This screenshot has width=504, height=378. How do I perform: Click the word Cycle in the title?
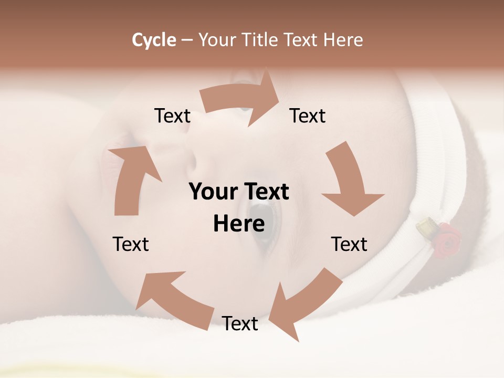(154, 40)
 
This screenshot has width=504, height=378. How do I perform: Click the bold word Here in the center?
(239, 224)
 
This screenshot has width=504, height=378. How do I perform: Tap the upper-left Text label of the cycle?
(172, 116)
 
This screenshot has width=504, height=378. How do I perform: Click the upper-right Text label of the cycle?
(308, 116)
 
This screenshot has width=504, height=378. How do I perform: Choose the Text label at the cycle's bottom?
(240, 324)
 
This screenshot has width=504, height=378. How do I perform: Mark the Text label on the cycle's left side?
(131, 244)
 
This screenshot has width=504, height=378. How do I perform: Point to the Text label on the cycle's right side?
(349, 244)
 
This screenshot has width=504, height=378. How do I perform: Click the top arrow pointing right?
(241, 100)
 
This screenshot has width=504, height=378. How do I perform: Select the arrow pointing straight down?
(349, 181)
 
